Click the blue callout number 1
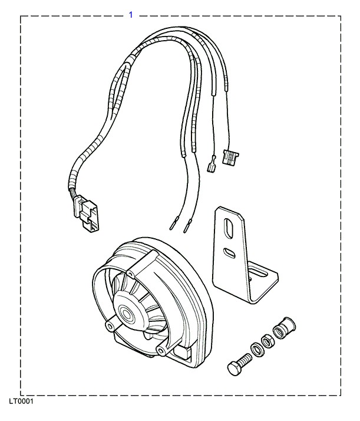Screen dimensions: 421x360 click(x=131, y=14)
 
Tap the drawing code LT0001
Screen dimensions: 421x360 click(x=21, y=402)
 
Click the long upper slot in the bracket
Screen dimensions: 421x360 click(x=227, y=228)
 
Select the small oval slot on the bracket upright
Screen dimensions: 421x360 click(x=229, y=254)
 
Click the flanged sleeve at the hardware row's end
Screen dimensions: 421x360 click(x=285, y=327)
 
